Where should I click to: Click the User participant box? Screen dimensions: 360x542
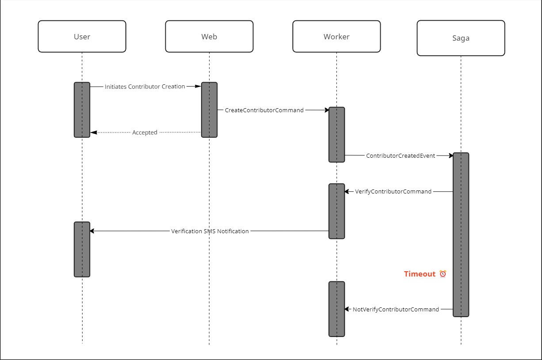tap(82, 37)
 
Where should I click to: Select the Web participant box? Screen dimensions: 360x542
tap(209, 37)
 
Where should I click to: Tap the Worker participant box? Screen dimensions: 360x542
tap(336, 37)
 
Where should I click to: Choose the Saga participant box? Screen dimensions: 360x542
tap(461, 38)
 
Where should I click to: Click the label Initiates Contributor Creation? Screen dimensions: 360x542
tap(145, 87)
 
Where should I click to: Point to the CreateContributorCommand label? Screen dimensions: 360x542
tap(264, 110)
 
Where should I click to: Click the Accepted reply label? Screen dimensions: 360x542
tap(145, 133)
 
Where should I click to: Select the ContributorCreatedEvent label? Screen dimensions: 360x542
tap(401, 155)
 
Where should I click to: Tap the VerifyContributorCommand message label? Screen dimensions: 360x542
tap(393, 192)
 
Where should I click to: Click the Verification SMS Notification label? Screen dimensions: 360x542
tap(210, 231)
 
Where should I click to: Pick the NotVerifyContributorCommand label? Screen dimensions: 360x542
tap(396, 310)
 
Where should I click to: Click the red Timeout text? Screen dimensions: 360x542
tap(420, 274)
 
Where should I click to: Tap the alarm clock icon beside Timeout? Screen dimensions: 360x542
tap(443, 274)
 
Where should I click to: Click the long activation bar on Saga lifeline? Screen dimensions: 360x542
tap(461, 235)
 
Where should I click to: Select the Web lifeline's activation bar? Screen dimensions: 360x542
tap(209, 110)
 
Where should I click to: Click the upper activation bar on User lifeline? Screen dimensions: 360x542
tap(82, 110)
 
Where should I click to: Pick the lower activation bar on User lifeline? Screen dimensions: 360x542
tap(82, 249)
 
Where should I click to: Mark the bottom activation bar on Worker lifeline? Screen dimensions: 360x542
tap(336, 309)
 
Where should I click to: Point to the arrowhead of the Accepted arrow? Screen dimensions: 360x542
tap(93, 133)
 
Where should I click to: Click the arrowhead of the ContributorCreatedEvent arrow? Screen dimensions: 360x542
tap(450, 155)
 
